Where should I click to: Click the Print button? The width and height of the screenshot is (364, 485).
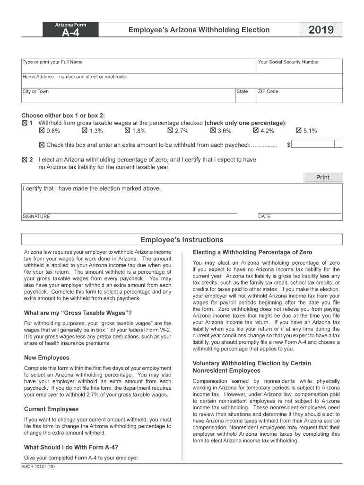[x=323, y=178]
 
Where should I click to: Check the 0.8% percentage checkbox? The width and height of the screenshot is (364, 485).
[x=42, y=131]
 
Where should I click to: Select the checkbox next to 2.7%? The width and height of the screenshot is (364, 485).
[x=170, y=131]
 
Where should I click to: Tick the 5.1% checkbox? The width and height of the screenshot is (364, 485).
[x=299, y=131]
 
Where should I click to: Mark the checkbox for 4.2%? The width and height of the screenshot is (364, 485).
[x=256, y=131]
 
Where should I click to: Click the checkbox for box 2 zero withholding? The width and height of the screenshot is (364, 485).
[x=25, y=160]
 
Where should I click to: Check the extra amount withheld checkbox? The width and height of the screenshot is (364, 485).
[x=42, y=145]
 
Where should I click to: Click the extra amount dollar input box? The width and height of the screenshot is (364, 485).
[x=317, y=145]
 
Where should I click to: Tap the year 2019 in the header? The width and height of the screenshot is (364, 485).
[x=321, y=30]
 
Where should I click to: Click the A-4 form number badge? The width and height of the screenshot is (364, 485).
[x=71, y=32]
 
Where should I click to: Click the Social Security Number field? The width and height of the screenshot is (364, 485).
[x=299, y=66]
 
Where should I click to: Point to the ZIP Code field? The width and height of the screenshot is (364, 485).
[x=299, y=95]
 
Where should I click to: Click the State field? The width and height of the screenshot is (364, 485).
[x=245, y=95]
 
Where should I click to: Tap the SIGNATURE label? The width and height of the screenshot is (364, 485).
[x=36, y=216]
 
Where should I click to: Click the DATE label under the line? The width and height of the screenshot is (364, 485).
[x=264, y=216]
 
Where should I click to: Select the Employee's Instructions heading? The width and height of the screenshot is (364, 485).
[x=182, y=240]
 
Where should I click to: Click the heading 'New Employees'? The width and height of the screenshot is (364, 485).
[x=46, y=358]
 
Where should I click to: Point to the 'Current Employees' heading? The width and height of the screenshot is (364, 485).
[x=51, y=409]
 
